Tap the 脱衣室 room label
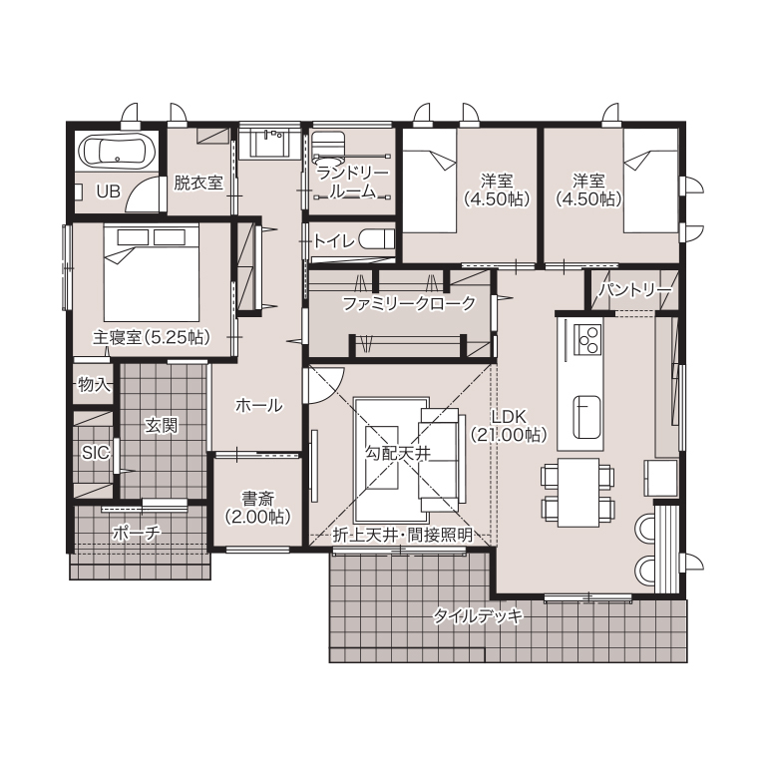(x=198, y=183)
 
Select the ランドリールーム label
(x=352, y=183)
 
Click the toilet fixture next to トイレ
(x=377, y=239)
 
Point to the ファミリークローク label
(x=409, y=304)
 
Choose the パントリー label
(x=635, y=290)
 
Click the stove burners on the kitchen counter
(x=587, y=339)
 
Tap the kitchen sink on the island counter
(x=586, y=417)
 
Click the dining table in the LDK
(x=578, y=492)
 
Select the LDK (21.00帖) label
(x=509, y=425)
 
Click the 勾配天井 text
(x=398, y=454)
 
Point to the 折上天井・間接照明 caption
(x=403, y=536)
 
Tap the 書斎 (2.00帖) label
(x=258, y=508)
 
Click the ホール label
(x=258, y=405)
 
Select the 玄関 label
(x=162, y=426)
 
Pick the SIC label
(x=96, y=453)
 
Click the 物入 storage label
(x=95, y=385)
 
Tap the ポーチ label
(x=137, y=533)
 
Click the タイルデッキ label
(x=479, y=616)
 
